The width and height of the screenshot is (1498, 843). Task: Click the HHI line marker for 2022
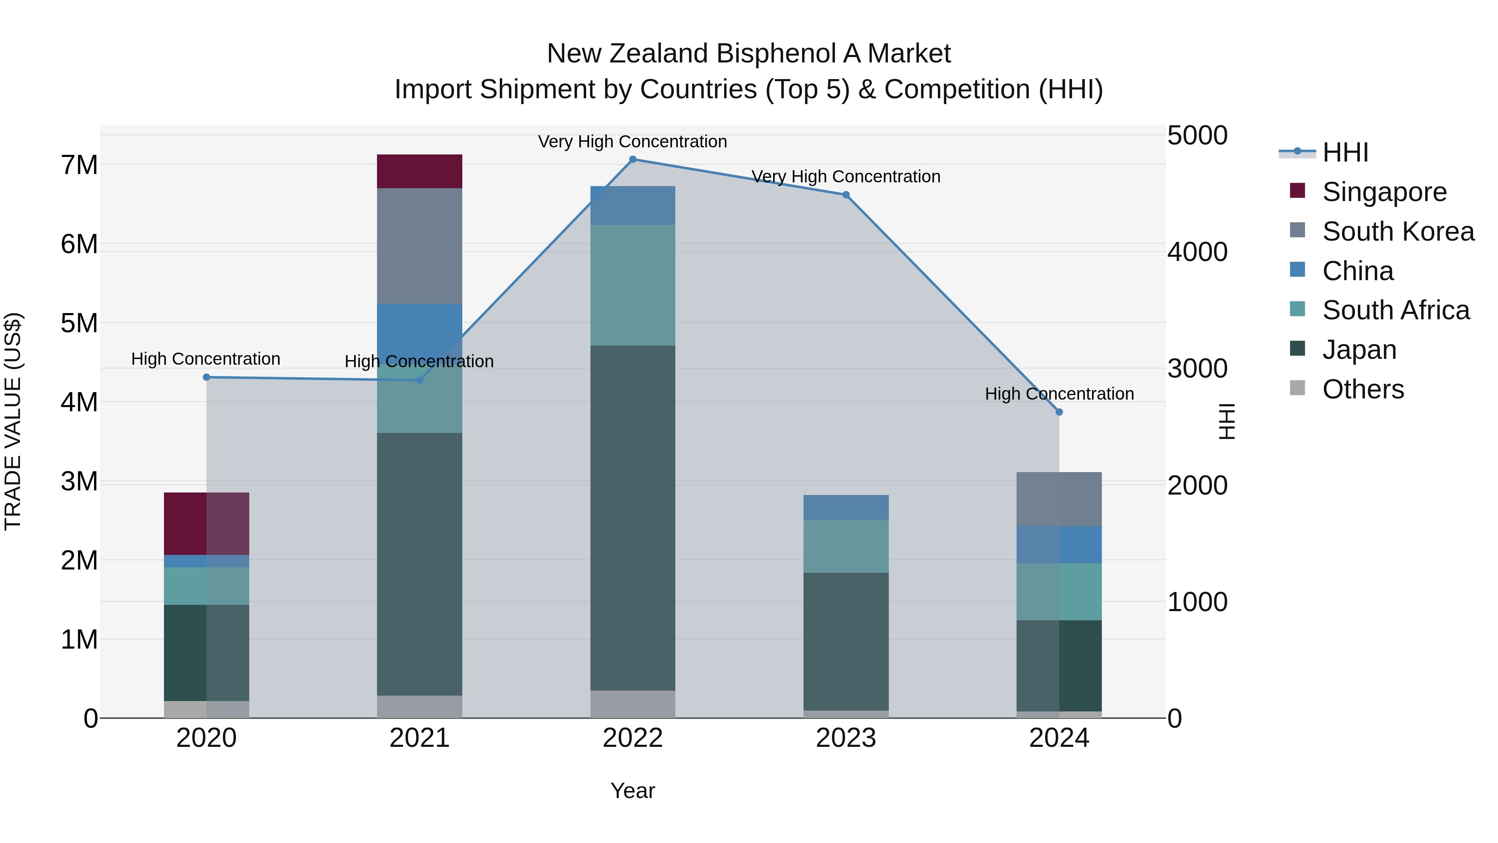coord(632,159)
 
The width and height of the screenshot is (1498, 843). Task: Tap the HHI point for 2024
coord(1059,412)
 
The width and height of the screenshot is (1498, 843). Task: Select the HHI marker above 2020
coord(206,377)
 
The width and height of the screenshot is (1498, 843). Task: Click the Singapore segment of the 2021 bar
coord(419,171)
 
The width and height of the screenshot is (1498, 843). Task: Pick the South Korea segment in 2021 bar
coord(419,246)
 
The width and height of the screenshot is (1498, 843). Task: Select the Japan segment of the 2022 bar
coord(632,518)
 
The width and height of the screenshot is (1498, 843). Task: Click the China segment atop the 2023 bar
coord(846,507)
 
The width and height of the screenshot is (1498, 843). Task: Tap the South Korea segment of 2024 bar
coord(1059,499)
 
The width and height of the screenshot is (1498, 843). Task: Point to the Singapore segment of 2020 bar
coord(206,524)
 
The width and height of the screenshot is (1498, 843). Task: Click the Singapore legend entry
coord(1384,192)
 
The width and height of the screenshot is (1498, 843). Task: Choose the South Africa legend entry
coord(1396,310)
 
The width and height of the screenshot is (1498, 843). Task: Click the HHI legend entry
coord(1344,152)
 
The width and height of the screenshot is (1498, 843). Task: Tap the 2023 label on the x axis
coord(846,738)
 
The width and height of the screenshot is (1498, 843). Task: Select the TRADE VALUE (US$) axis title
coord(13,421)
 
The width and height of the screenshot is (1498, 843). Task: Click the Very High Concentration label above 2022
coord(632,142)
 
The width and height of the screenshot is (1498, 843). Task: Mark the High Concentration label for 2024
coord(1059,394)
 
